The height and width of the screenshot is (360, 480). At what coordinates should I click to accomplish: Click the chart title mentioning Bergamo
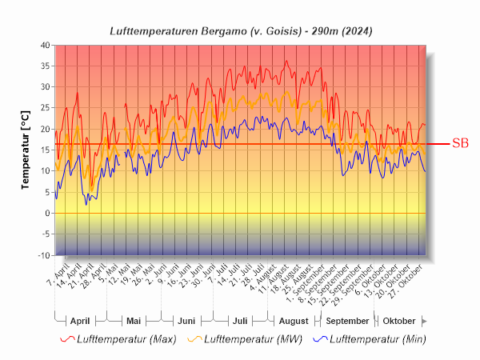coord(240,30)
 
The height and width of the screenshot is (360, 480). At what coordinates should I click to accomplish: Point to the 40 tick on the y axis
coord(45,45)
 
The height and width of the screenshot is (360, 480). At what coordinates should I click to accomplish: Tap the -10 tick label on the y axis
coord(43,255)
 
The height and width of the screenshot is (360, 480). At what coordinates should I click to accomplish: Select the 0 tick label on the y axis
coord(47,214)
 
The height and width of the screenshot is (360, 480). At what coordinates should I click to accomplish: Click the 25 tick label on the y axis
coord(45,108)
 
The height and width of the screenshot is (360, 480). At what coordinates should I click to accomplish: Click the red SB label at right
coord(460,144)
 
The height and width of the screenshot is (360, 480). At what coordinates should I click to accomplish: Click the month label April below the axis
coord(80,321)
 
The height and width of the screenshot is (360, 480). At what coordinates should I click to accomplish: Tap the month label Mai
coord(134,321)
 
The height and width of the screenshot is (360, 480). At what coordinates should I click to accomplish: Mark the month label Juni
coord(186,321)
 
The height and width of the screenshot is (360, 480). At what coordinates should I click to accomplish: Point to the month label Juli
coord(239,321)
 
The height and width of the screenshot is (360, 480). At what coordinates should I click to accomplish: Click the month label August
coord(293,321)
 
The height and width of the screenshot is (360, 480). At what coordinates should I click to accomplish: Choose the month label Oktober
coord(398,321)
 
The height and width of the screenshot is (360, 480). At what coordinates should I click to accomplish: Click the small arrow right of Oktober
coord(425,321)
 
